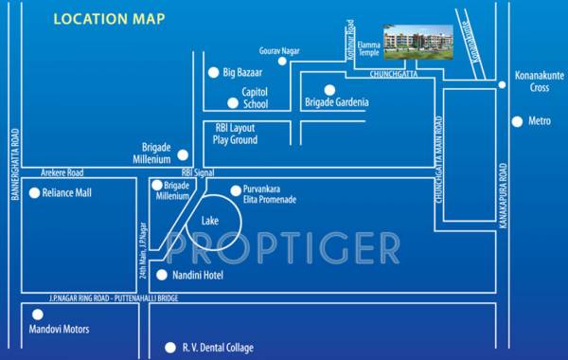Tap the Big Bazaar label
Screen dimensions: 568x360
(240, 72)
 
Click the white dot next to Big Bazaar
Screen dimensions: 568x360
(213, 71)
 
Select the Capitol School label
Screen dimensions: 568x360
(255, 98)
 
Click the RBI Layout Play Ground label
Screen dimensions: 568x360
(236, 134)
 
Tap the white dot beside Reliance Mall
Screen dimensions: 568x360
(35, 193)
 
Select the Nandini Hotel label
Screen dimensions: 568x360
(205, 275)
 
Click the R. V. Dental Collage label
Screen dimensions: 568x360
(217, 348)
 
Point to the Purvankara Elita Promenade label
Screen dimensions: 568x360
(269, 194)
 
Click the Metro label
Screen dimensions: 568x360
(539, 121)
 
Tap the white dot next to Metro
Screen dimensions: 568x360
(517, 121)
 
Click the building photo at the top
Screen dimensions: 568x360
(413, 41)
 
